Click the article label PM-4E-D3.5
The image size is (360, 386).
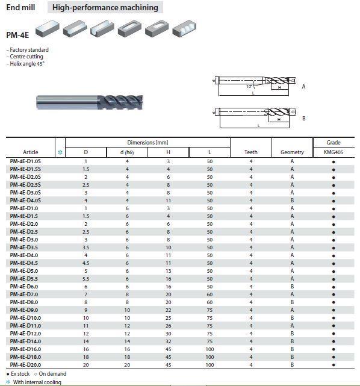24,247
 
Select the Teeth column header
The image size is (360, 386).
251,152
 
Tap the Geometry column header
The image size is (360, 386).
292,152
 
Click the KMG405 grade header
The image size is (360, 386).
334,152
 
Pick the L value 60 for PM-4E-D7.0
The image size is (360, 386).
209,294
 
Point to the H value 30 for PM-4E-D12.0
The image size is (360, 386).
169,334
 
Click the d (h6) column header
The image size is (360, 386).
127,152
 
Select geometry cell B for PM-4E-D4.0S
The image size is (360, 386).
292,201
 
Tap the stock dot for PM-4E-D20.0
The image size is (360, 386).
334,365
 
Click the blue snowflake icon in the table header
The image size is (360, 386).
60,152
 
